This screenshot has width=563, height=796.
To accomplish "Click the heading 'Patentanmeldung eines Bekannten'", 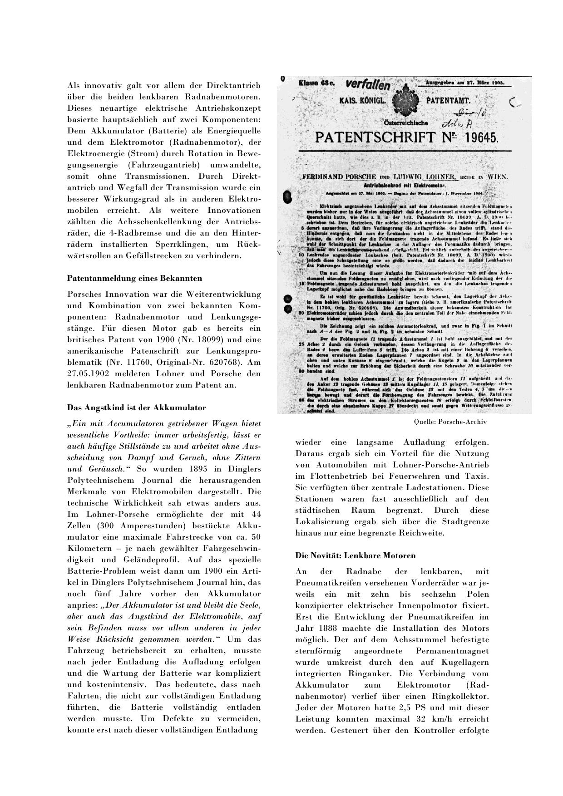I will (x=134, y=278).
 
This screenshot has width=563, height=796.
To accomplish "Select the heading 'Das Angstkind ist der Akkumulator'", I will (x=136, y=408).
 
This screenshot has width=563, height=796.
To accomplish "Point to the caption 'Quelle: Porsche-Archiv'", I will (x=450, y=422).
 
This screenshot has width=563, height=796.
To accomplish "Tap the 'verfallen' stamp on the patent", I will (x=368, y=84).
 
